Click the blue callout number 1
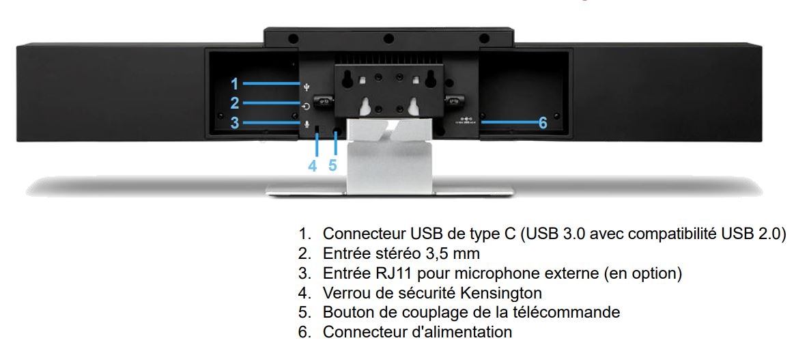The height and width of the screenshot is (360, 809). [235, 83]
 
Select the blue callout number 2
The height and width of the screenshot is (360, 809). [235, 103]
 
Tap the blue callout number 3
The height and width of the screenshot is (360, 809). [235, 123]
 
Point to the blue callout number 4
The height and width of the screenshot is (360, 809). [312, 166]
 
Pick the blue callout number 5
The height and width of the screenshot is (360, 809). [332, 166]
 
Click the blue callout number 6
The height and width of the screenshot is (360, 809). [543, 123]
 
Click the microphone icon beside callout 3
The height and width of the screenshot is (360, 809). [307, 124]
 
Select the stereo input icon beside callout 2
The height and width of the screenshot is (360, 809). [307, 107]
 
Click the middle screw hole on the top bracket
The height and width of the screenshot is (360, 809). [389, 38]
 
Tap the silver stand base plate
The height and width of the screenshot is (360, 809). [390, 191]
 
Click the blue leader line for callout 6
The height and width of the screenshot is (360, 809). [508, 122]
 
